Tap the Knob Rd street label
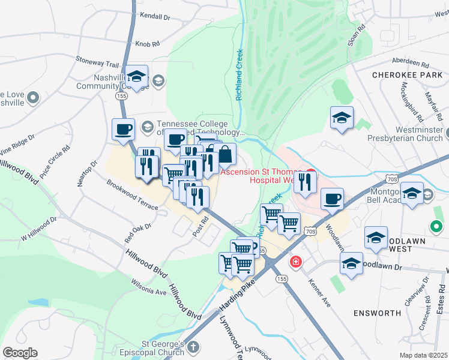pyautogui.click(x=148, y=44)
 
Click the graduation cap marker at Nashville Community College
pyautogui.click(x=137, y=76)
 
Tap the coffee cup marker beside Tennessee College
pyautogui.click(x=124, y=129)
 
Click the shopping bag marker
pyautogui.click(x=224, y=154)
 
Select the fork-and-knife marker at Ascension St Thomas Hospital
pyautogui.click(x=306, y=182)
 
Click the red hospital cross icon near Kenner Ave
pyautogui.click(x=295, y=262)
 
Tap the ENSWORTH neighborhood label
pyautogui.click(x=377, y=313)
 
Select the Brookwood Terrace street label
pyautogui.click(x=133, y=194)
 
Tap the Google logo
pyautogui.click(x=20, y=353)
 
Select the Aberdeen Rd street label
pyautogui.click(x=411, y=62)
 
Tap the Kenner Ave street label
pyautogui.click(x=319, y=293)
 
